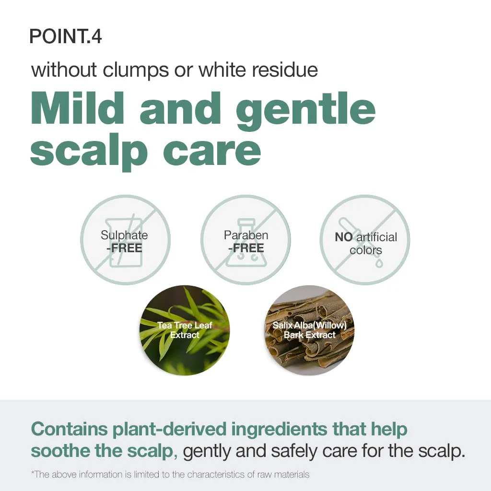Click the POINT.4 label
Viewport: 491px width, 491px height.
[65, 36]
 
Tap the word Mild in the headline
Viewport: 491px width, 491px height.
[77, 108]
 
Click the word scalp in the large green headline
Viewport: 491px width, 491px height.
[89, 152]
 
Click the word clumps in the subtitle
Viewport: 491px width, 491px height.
[136, 70]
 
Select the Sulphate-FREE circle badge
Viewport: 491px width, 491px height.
[125, 240]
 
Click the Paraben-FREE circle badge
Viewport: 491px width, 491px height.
[245, 240]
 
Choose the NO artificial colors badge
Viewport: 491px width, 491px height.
[365, 240]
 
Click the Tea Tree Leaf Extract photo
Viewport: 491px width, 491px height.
[185, 330]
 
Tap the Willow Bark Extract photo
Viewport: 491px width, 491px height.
[309, 330]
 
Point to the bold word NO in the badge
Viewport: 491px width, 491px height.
[343, 237]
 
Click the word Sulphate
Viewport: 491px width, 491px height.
[124, 235]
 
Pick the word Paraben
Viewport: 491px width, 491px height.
[246, 235]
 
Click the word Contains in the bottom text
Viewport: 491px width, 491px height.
[69, 429]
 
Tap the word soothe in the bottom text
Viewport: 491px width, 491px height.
[61, 451]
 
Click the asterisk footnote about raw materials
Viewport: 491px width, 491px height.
[170, 474]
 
